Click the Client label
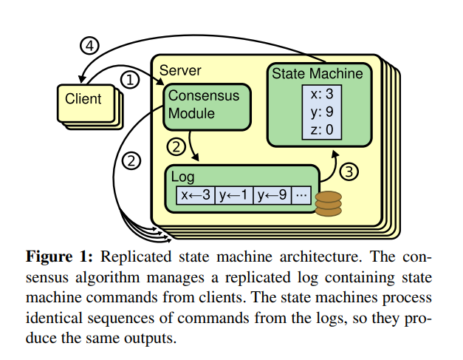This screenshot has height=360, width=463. click(x=83, y=98)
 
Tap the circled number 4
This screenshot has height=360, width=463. click(x=89, y=46)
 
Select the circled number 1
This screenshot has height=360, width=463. click(x=129, y=79)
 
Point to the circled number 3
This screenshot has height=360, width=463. click(x=351, y=172)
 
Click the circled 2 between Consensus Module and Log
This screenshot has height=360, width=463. click(x=175, y=146)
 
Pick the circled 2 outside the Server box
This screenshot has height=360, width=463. click(x=130, y=160)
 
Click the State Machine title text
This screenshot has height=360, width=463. click(x=317, y=73)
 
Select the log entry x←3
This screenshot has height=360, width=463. click(x=195, y=196)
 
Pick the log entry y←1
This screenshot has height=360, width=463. click(x=233, y=196)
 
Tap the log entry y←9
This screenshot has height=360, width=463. click(x=272, y=196)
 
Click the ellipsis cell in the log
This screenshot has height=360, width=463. click(x=301, y=196)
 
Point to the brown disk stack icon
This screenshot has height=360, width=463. click(x=328, y=203)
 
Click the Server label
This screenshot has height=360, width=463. click(x=180, y=70)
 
